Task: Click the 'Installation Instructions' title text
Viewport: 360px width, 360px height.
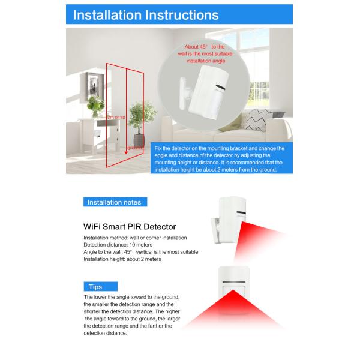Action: tap(146, 15)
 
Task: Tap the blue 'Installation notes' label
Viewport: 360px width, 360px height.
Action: tap(115, 202)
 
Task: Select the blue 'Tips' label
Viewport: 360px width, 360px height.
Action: tap(101, 287)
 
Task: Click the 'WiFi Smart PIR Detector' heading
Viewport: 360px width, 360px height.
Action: tap(130, 227)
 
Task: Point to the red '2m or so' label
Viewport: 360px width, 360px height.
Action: tap(116, 117)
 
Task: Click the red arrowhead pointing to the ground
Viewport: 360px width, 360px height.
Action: tap(126, 152)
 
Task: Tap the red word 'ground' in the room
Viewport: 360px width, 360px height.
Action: tap(134, 148)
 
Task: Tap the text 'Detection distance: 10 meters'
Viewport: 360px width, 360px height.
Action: tap(118, 245)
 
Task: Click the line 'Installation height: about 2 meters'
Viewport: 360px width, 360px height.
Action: tap(122, 259)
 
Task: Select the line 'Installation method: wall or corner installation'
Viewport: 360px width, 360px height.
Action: tap(135, 238)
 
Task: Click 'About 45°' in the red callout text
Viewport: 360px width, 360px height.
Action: tap(196, 47)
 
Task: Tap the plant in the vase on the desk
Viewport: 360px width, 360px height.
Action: tap(95, 106)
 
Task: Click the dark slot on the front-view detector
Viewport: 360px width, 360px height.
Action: tap(234, 282)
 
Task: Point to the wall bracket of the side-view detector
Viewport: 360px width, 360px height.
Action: tap(216, 230)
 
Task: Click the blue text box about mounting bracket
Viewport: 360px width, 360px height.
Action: tap(221, 158)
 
